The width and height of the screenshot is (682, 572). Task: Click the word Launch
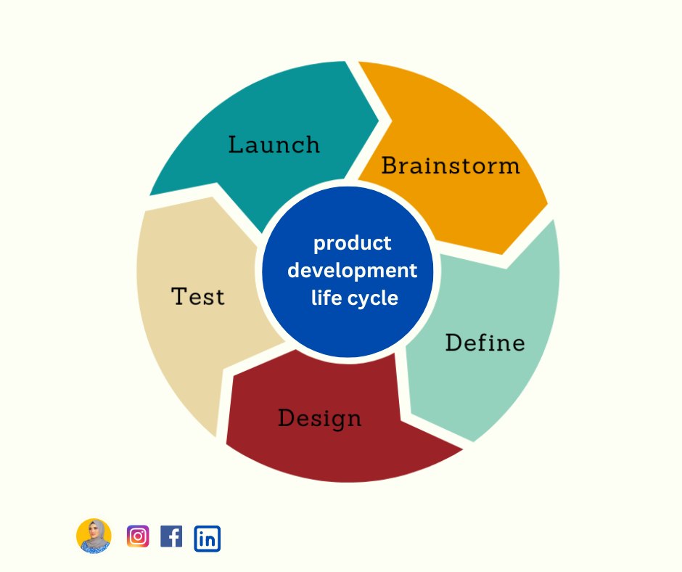274,144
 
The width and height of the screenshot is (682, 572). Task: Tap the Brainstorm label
451,166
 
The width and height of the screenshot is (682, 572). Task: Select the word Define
485,343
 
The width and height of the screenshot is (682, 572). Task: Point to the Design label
319,419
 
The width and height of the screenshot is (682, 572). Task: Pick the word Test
198,296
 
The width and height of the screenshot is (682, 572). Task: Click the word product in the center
352,243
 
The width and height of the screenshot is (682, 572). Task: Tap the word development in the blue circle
353,271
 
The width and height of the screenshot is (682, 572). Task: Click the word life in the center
325,298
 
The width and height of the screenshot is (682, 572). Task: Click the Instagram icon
138,536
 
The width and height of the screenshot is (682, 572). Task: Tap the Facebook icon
171,536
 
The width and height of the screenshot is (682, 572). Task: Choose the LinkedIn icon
207,539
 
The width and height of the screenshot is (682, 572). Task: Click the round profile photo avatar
94,536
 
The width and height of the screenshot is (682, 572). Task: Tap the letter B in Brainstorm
390,166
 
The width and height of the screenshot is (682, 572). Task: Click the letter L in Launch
235,144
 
